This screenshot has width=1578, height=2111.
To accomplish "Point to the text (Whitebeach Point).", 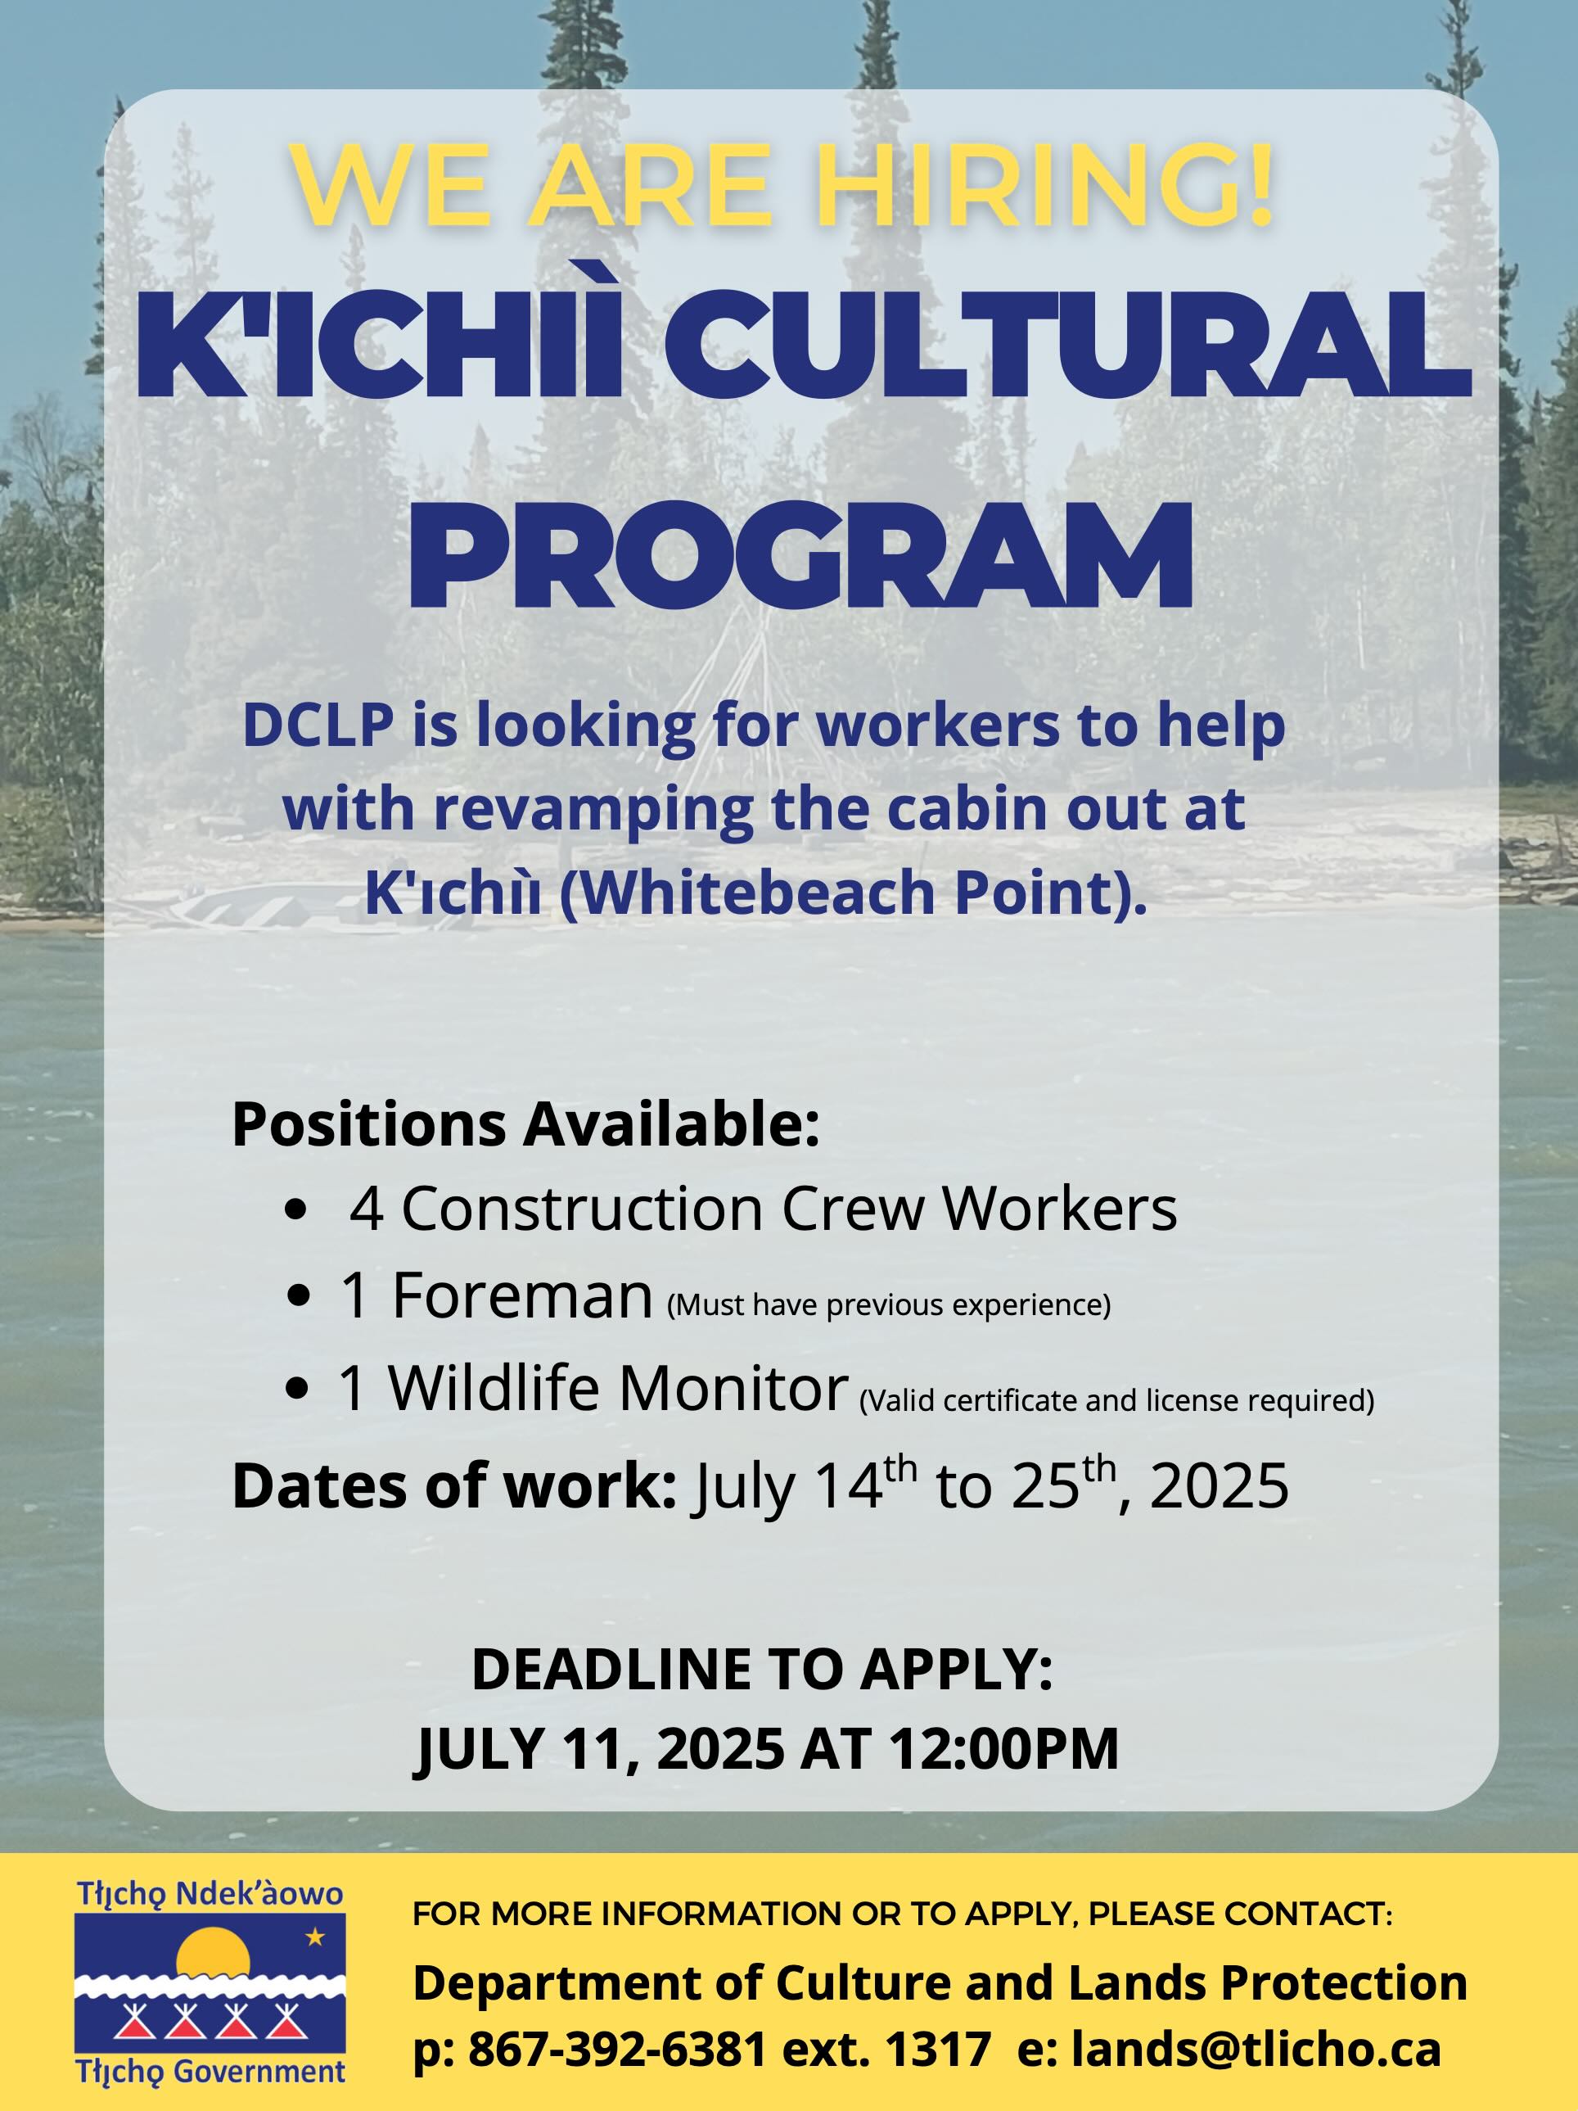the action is coord(852,893).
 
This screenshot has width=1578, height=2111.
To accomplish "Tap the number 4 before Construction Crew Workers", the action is coord(367,1210).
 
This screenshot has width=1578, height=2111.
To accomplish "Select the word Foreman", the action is coord(522,1297).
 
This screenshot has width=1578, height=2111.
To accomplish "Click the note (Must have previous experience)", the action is coord(888,1304).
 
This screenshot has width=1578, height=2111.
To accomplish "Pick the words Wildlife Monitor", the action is coord(618,1389).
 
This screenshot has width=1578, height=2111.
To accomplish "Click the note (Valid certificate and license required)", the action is coord(1117,1400).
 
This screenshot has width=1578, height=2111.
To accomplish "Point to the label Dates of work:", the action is coord(454,1486).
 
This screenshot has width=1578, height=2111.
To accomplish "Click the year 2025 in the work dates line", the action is coord(1220,1488).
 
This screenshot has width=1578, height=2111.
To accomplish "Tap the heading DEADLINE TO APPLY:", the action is coord(761,1670).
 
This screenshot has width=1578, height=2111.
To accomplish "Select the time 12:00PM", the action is coord(1003,1749).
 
